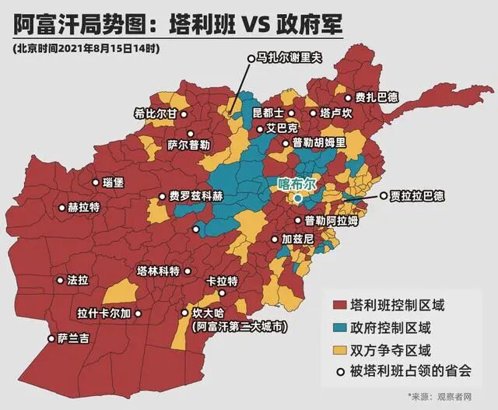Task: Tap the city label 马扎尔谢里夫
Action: pyautogui.click(x=289, y=58)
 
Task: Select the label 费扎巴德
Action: pyautogui.click(x=376, y=97)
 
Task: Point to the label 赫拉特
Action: pyautogui.click(x=84, y=208)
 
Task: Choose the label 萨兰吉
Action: pyautogui.click(x=73, y=338)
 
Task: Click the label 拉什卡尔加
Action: pyautogui.click(x=103, y=314)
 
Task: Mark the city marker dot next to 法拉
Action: pyautogui.click(x=59, y=279)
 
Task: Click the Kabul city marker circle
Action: pyautogui.click(x=297, y=199)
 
